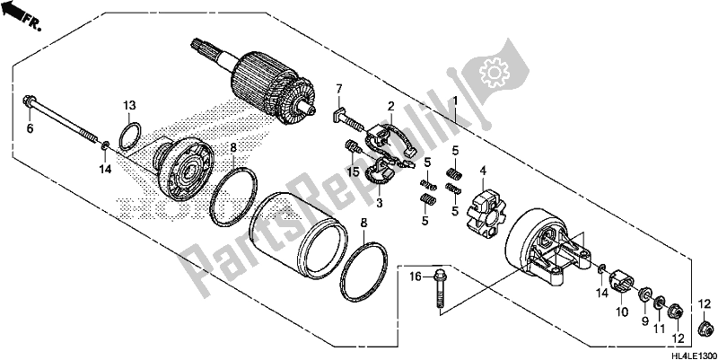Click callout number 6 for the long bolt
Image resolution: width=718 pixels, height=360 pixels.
[30, 129]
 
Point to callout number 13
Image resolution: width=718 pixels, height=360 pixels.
[129, 105]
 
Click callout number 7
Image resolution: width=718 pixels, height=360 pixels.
[340, 87]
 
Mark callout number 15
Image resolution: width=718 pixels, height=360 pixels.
[354, 170]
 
